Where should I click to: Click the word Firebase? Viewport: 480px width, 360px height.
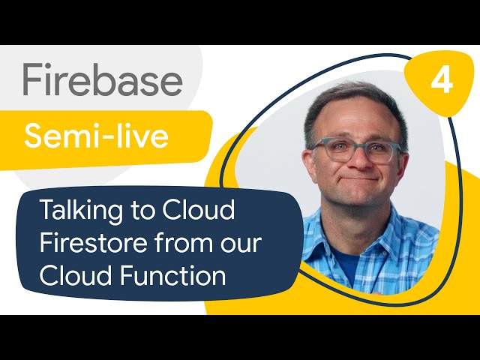point(103,79)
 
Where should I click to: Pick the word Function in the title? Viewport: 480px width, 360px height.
point(173,275)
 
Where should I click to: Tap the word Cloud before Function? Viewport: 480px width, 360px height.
point(76,275)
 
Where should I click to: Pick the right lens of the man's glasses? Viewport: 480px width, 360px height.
point(380,151)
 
